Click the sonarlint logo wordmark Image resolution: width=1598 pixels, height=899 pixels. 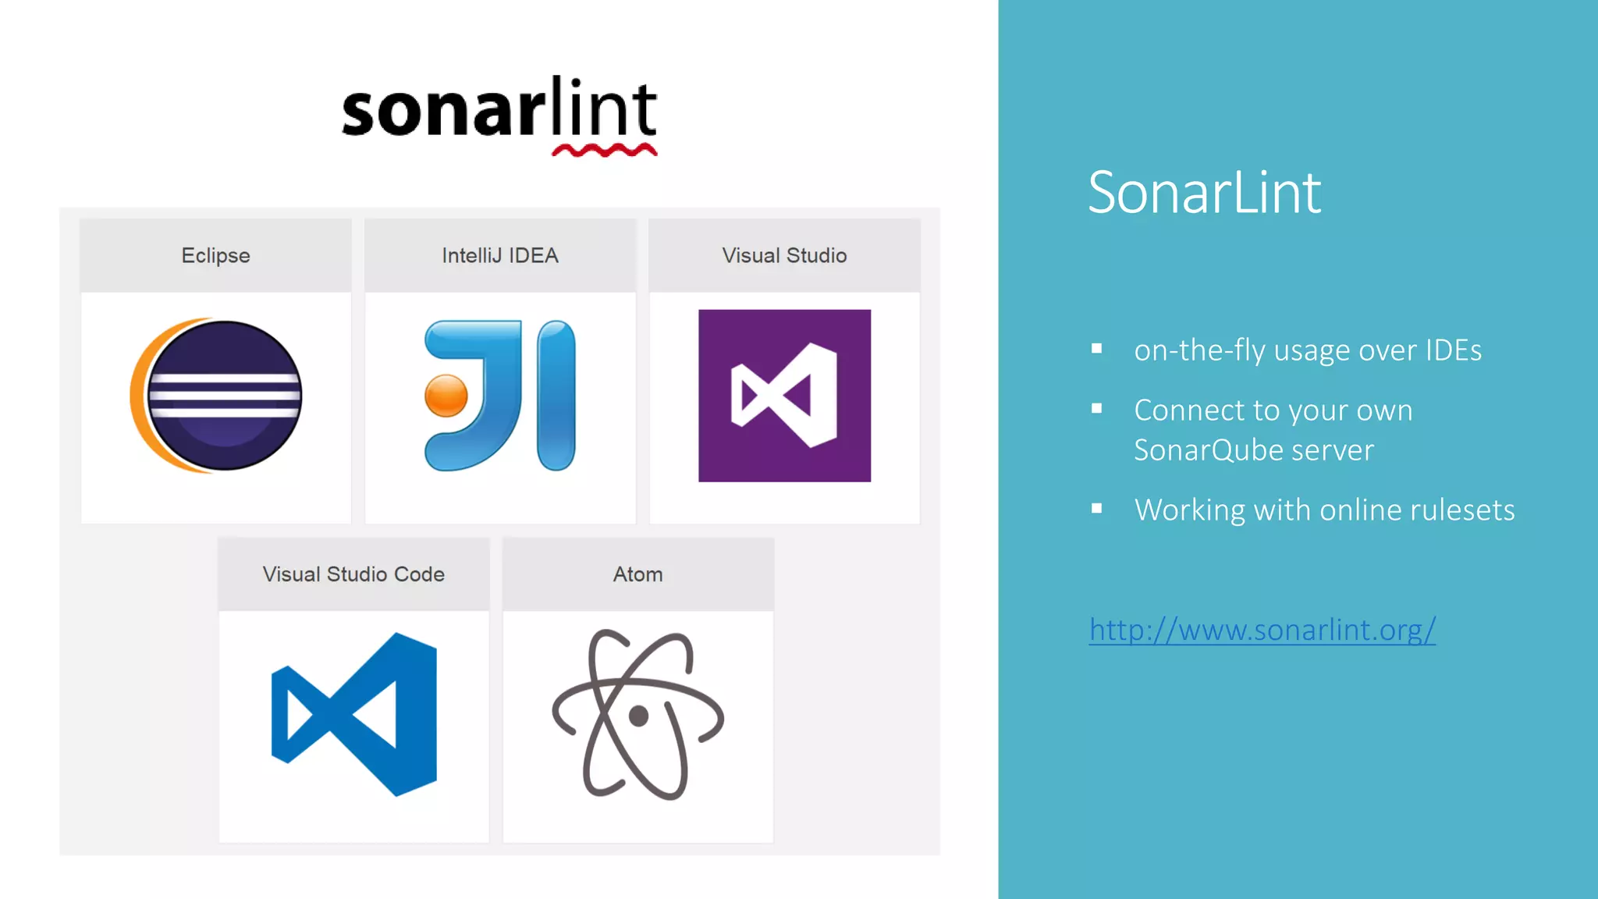coord(499,109)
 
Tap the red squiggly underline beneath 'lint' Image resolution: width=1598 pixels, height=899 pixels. coord(605,150)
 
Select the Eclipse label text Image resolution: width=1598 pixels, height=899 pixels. coord(215,256)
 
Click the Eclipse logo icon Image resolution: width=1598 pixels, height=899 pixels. coord(216,396)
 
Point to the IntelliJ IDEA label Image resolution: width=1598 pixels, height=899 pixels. coord(500,256)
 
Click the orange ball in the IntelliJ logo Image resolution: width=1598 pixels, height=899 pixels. coord(446,396)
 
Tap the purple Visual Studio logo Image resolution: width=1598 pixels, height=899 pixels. coord(784,396)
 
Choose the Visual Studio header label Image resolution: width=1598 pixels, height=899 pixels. coord(784,256)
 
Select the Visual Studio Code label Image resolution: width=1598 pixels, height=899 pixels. coord(353,574)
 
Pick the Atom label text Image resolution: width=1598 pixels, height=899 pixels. coord(637,574)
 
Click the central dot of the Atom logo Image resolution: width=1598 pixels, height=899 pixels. coord(639,716)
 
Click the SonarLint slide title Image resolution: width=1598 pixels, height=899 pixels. coord(1204,193)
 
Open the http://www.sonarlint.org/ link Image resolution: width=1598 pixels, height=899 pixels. coord(1262,630)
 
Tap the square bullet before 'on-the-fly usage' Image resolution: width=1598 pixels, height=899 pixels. coord(1096,349)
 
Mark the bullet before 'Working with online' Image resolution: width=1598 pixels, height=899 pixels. coord(1096,509)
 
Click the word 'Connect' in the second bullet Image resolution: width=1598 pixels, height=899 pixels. coord(1189,410)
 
